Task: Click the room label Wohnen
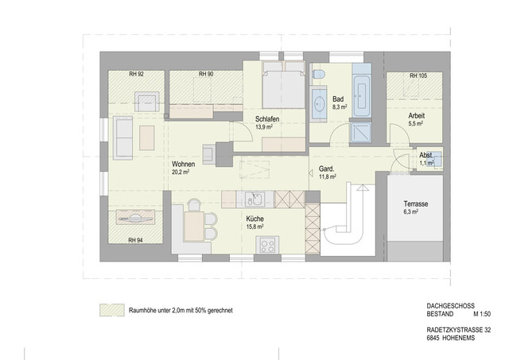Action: pyautogui.click(x=183, y=163)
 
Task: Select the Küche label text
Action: pyautogui.click(x=254, y=219)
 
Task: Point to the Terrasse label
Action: pyautogui.click(x=416, y=204)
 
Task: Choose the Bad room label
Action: pyautogui.click(x=338, y=98)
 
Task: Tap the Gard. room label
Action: pyautogui.click(x=326, y=168)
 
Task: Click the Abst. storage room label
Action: pyautogui.click(x=427, y=155)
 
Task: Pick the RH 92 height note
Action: pyautogui.click(x=136, y=75)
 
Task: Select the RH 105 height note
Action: pyautogui.click(x=418, y=75)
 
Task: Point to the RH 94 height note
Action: pyautogui.click(x=136, y=239)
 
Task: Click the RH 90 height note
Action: pyautogui.click(x=205, y=75)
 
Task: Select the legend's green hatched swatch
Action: pyautogui.click(x=107, y=309)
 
